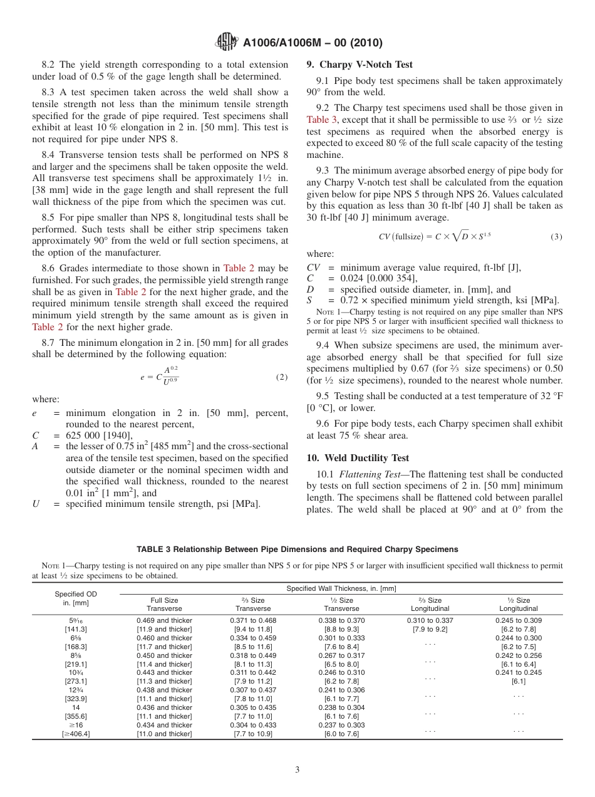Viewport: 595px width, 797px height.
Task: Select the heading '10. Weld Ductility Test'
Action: point(358,458)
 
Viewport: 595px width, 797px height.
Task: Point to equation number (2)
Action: point(282,377)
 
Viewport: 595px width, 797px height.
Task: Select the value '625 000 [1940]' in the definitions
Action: point(99,435)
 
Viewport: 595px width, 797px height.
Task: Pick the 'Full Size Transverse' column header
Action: point(165,604)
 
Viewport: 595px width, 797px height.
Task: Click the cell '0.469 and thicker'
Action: point(165,620)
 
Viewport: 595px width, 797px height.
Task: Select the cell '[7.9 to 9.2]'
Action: point(430,629)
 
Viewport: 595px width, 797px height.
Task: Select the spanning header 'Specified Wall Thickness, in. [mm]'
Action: point(341,588)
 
